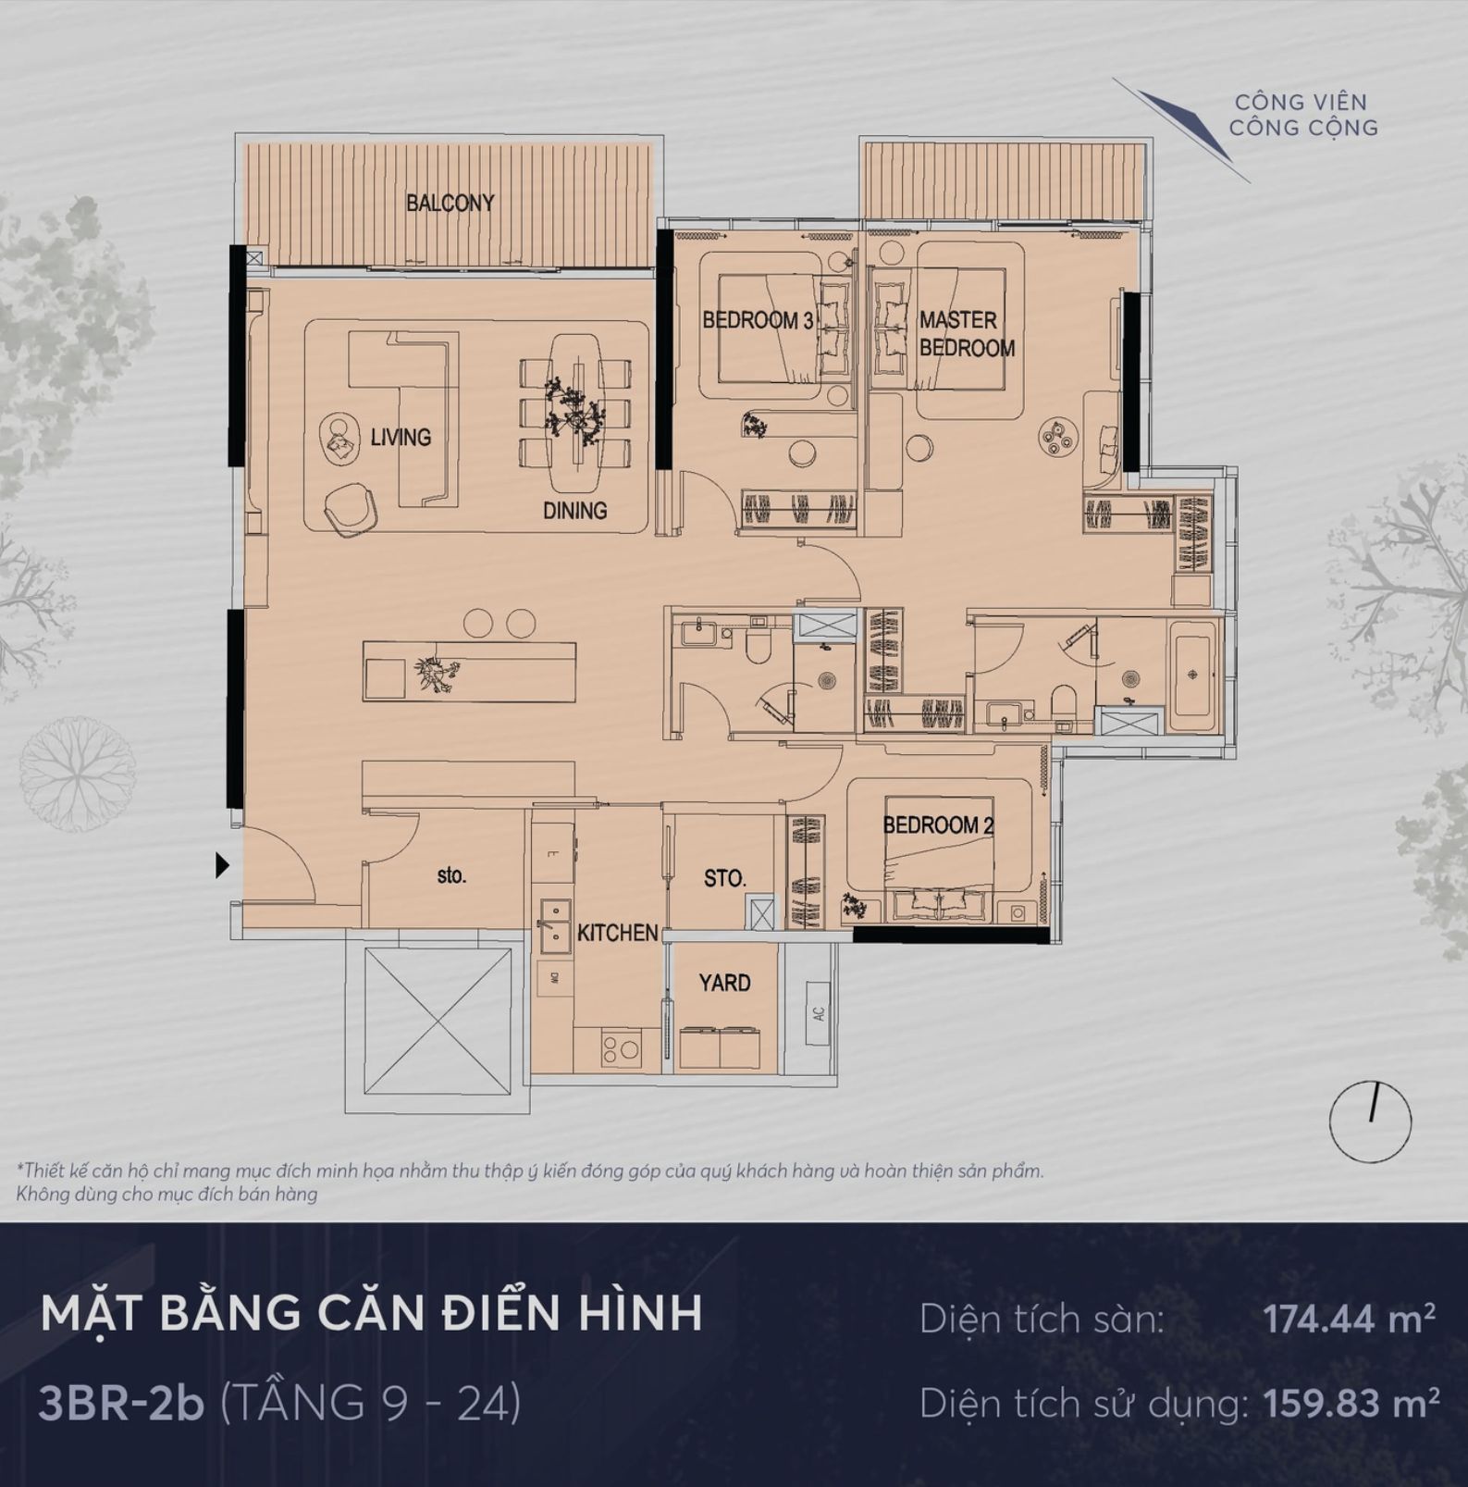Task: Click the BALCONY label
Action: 450,203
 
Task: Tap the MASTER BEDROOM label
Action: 966,334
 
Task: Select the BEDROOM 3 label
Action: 758,320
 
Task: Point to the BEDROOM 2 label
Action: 938,824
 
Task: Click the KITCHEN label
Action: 617,933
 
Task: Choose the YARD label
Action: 724,983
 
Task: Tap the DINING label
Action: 574,510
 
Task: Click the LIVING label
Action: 401,437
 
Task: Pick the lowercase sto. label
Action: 451,874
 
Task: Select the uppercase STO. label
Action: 724,878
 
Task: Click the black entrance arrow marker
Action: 222,865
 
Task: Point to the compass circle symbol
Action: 1370,1121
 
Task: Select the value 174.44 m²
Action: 1350,1319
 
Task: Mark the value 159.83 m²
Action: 1351,1404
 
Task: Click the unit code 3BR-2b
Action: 121,1403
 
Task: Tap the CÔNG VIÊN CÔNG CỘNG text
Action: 1302,115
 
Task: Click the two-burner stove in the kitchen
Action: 620,1049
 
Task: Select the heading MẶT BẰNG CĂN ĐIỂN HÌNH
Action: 371,1314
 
